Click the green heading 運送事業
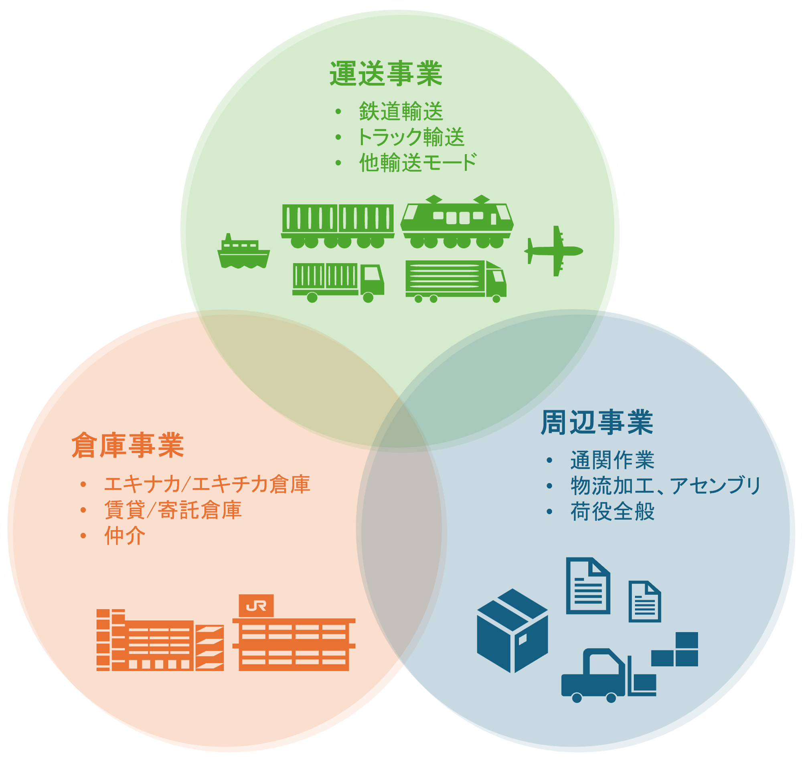[386, 74]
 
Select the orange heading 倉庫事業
[128, 445]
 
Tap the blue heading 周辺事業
[597, 423]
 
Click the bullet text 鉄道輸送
[401, 112]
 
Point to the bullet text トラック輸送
[410, 137]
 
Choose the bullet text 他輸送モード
[417, 163]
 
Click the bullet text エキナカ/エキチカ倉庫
[207, 484]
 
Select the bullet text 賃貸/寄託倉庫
[173, 510]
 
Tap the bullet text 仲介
[125, 536]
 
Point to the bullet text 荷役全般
[612, 512]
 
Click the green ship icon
[243, 252]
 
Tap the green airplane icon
[553, 251]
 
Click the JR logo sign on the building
[256, 606]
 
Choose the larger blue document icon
[587, 585]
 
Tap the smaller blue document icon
[644, 601]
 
